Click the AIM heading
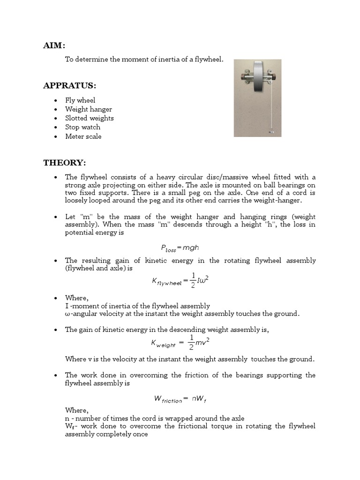tap(54, 45)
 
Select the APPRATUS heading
tap(69, 85)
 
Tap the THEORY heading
tap(65, 163)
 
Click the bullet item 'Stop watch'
tap(82, 127)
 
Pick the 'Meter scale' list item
tap(83, 136)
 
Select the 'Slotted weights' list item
tap(89, 118)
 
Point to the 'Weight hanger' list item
tap(88, 109)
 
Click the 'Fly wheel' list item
tap(80, 100)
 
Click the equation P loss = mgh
tap(180, 248)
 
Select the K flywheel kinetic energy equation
tap(180, 280)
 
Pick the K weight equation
tap(180, 343)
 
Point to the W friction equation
tap(180, 399)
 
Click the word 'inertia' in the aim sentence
tap(168, 60)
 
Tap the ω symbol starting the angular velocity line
tap(67, 314)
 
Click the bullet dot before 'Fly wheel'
tap(56, 100)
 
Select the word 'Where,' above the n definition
tap(76, 410)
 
